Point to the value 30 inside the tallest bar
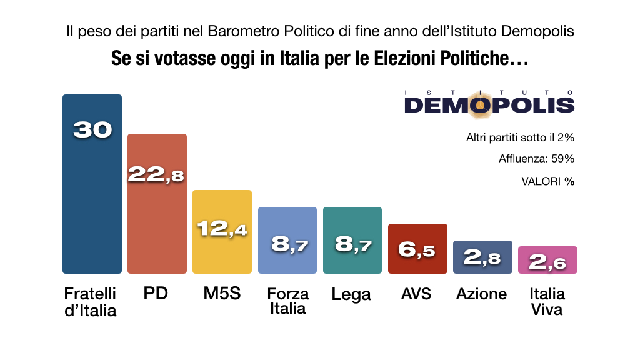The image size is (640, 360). [92, 129]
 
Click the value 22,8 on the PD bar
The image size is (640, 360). [156, 174]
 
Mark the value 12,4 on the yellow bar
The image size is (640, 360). [222, 229]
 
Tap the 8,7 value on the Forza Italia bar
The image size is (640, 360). [287, 244]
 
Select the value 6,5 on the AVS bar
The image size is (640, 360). [417, 251]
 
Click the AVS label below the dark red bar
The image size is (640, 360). [416, 293]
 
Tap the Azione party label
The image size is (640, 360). [481, 294]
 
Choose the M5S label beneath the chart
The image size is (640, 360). [222, 293]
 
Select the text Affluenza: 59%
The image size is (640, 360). [536, 159]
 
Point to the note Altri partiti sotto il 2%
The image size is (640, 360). [520, 137]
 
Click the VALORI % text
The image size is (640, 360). [547, 181]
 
